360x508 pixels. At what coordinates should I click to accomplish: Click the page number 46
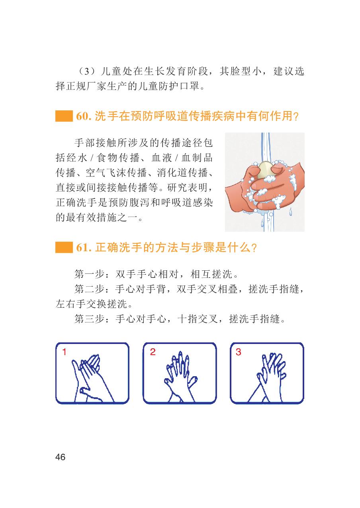pos(60,457)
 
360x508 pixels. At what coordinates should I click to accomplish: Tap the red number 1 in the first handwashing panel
pos(65,352)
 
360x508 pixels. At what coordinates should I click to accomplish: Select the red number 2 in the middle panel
pos(153,352)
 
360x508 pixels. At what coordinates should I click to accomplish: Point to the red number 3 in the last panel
pos(239,352)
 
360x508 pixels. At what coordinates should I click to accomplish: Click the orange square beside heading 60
pos(64,116)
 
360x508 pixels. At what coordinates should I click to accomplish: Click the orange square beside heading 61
pos(64,247)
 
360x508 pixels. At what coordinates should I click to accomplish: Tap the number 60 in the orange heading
pos(82,116)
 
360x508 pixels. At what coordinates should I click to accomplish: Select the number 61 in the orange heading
pos(82,247)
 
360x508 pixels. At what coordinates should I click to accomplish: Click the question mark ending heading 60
pos(296,117)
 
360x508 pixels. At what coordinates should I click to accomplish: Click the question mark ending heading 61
pos(254,248)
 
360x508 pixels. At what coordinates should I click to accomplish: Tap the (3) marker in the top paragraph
pos(87,71)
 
